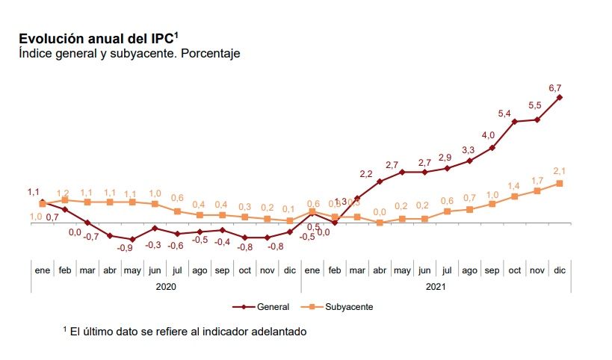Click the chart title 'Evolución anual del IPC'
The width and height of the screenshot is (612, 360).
click(97, 38)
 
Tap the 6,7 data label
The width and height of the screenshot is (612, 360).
click(555, 88)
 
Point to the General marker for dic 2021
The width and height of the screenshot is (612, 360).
click(560, 98)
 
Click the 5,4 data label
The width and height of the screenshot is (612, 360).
click(504, 114)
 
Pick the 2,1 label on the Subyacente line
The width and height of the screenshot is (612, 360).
click(559, 170)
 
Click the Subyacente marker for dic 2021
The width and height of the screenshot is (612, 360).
click(560, 184)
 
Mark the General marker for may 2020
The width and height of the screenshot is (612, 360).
click(132, 239)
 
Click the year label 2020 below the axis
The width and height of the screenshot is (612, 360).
click(165, 286)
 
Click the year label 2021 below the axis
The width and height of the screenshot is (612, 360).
click(436, 286)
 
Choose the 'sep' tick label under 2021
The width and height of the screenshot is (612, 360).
click(492, 270)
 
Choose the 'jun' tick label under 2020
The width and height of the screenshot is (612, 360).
click(155, 270)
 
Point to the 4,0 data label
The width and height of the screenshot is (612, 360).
click(488, 135)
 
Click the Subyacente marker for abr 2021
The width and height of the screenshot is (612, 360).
click(380, 223)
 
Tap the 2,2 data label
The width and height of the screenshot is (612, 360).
click(366, 174)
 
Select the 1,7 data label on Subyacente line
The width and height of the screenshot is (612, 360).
click(537, 180)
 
